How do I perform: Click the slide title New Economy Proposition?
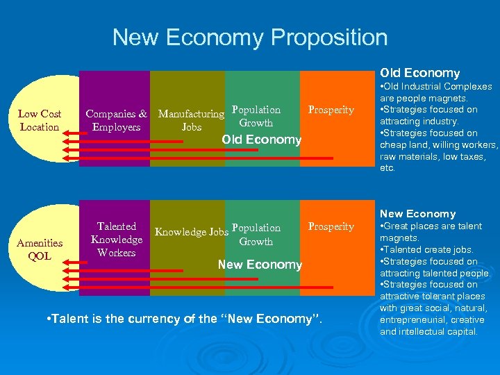pyautogui.click(x=250, y=37)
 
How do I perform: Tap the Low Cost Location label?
pyautogui.click(x=40, y=120)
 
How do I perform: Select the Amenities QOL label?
pyautogui.click(x=40, y=249)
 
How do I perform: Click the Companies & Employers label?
pyautogui.click(x=116, y=120)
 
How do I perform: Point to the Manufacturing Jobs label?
pyautogui.click(x=191, y=120)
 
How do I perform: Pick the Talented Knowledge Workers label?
pyautogui.click(x=117, y=240)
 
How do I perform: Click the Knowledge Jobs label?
pyautogui.click(x=192, y=232)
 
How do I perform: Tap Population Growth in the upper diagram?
pyautogui.click(x=256, y=116)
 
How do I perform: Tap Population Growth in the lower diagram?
pyautogui.click(x=256, y=235)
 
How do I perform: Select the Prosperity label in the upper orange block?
pyautogui.click(x=331, y=110)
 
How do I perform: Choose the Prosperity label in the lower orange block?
pyautogui.click(x=331, y=226)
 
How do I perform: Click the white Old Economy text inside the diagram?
pyautogui.click(x=261, y=140)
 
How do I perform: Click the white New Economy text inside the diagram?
pyautogui.click(x=260, y=264)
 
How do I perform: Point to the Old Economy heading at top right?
pyautogui.click(x=419, y=73)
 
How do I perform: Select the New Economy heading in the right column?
pyautogui.click(x=418, y=214)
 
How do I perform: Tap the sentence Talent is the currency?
pyautogui.click(x=185, y=319)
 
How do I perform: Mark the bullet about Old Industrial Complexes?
pyautogui.click(x=436, y=92)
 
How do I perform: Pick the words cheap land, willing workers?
pyautogui.click(x=439, y=145)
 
